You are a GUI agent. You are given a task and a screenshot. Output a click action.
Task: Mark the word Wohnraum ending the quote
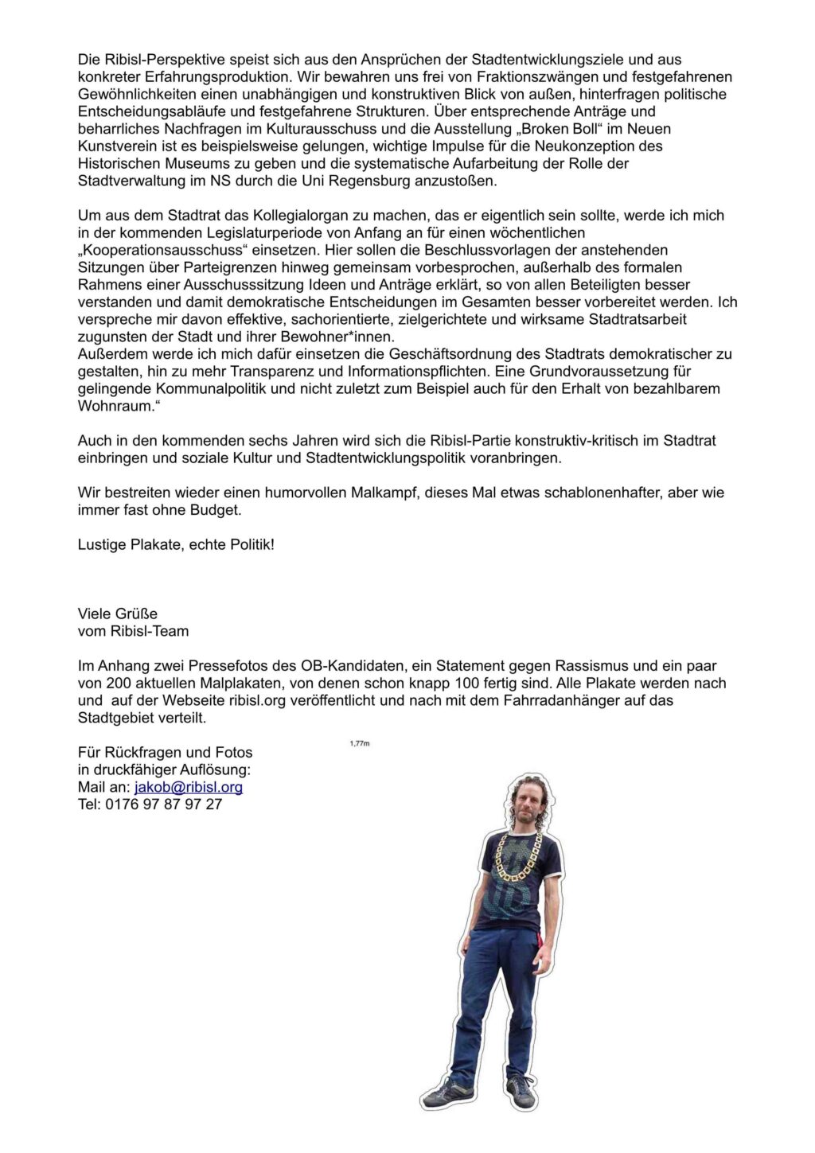(115, 406)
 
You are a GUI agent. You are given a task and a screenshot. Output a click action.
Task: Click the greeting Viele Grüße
(118, 614)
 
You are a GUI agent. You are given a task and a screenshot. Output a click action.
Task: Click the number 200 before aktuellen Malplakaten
(118, 683)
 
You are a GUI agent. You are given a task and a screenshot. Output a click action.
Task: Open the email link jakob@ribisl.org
(189, 787)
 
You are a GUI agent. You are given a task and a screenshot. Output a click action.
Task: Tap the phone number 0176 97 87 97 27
(163, 804)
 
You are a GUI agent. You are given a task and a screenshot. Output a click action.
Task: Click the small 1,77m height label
(360, 743)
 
